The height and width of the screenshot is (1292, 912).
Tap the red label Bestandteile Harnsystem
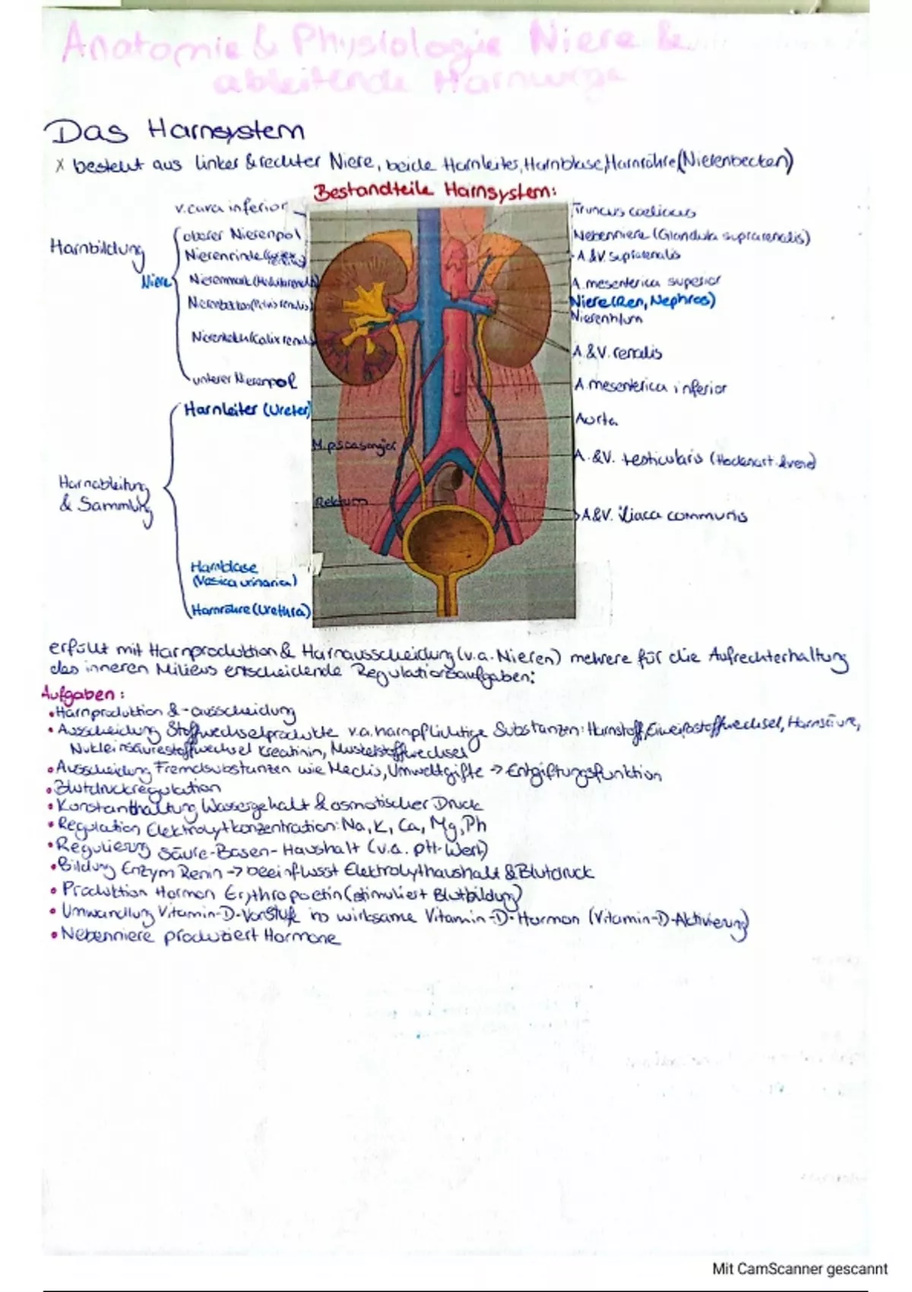434,191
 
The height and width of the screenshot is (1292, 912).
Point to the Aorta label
597,419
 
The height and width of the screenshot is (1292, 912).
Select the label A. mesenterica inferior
651,387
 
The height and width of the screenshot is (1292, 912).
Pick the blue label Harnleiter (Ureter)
247,410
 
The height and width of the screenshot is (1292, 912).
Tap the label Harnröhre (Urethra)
250,610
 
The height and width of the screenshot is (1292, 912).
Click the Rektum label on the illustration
340,502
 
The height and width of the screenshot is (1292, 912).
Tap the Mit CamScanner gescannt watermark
800,1268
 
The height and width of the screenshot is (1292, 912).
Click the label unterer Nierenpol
243,378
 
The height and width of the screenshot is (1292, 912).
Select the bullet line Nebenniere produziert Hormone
200,936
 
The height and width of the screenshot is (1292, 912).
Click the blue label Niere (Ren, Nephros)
643,301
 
